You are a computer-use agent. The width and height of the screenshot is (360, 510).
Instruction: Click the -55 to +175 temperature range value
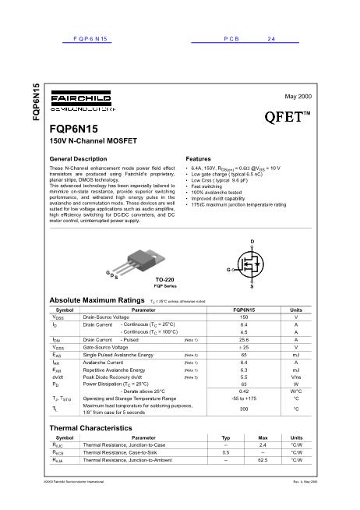click(244, 398)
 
